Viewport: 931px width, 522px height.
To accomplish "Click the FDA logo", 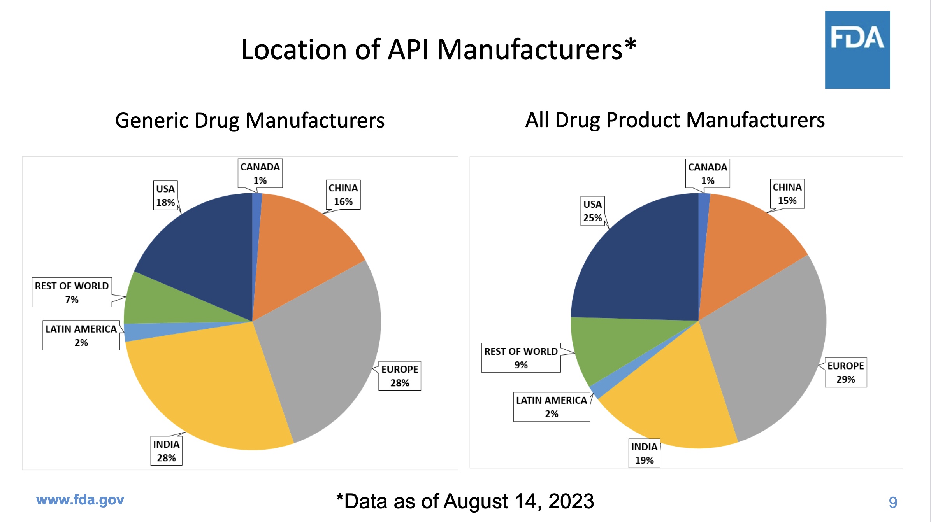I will click(857, 49).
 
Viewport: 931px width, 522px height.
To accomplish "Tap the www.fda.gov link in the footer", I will click(80, 500).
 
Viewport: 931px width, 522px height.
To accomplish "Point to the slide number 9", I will click(893, 502).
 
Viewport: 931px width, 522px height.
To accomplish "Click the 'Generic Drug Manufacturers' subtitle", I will click(250, 120).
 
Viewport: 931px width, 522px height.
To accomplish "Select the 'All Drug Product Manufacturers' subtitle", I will click(675, 120).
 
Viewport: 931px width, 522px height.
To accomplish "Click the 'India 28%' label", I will click(166, 451).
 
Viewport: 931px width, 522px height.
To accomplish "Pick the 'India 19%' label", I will click(644, 453).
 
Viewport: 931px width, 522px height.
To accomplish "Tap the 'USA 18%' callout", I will click(165, 196).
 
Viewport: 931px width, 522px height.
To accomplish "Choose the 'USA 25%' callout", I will click(592, 211).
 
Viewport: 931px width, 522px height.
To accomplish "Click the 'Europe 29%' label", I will click(845, 372).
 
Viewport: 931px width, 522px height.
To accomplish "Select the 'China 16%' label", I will click(343, 194).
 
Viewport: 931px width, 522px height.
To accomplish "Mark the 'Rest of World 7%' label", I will click(72, 293).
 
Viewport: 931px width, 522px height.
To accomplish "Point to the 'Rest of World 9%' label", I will click(521, 358).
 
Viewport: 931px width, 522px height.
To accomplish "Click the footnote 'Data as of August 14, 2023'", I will click(465, 501).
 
